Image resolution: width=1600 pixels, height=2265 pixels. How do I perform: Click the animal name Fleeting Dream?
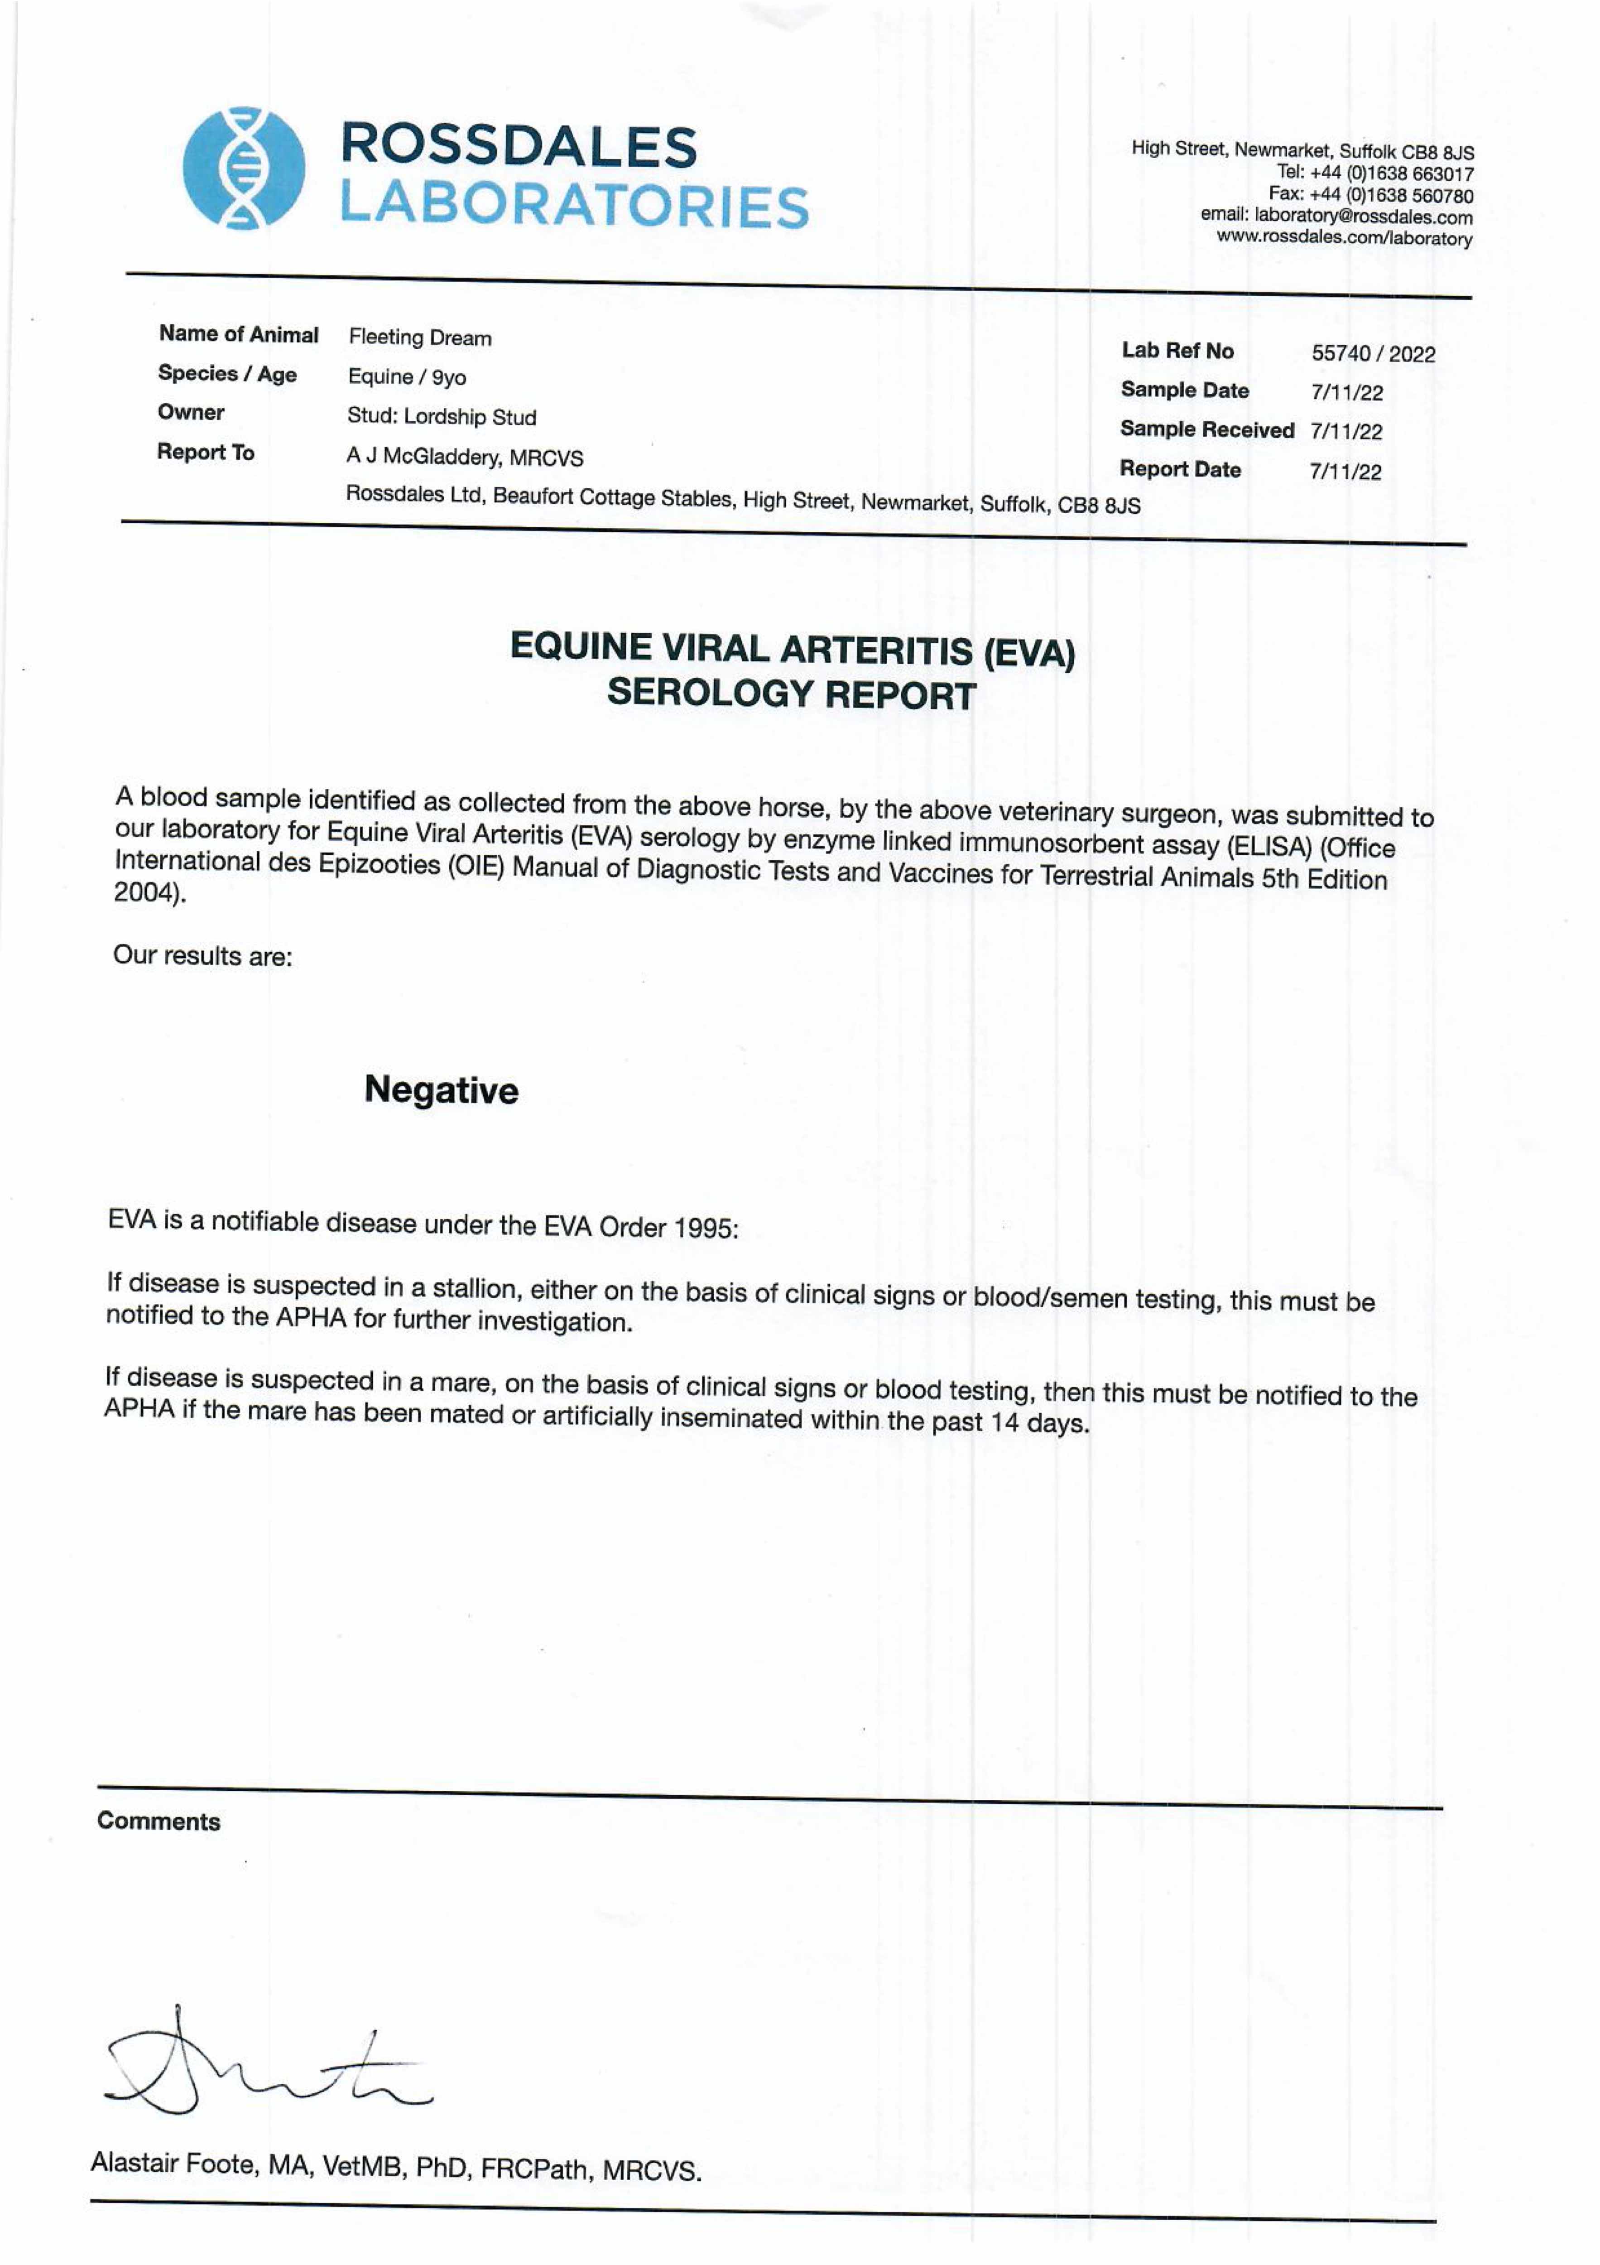420,337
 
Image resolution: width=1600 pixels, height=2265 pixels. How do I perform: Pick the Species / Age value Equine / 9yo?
406,377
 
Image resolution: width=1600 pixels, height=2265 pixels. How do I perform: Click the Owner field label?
192,412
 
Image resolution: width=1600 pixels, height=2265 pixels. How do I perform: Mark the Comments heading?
159,1821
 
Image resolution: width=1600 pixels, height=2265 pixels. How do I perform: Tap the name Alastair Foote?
175,2164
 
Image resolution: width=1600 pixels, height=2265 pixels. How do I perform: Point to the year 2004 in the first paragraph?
146,893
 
